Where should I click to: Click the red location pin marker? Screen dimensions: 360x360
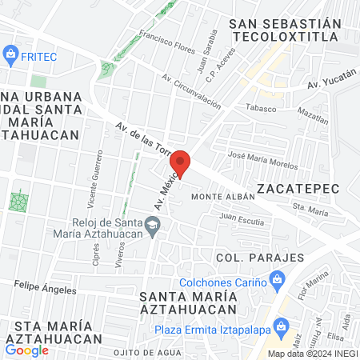coord(182,163)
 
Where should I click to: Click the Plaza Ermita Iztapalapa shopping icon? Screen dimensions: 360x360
coord(281,326)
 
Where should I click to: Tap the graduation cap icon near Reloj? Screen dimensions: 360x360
coord(152,228)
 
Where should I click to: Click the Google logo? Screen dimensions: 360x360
coord(27,350)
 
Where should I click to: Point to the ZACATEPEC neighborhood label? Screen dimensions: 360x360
coord(298,188)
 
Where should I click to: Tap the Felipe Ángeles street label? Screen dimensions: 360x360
coord(45,286)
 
